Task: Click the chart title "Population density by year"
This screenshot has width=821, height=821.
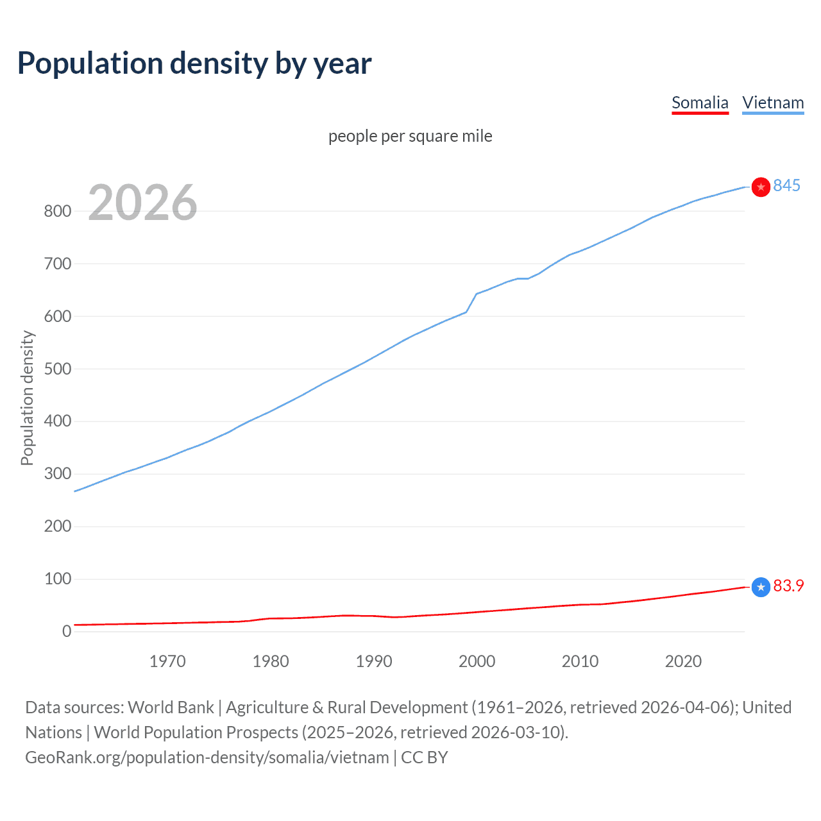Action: click(194, 63)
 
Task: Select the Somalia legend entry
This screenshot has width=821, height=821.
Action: click(700, 103)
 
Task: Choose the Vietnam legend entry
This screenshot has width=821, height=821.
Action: click(773, 103)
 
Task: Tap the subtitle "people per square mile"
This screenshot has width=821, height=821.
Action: click(410, 136)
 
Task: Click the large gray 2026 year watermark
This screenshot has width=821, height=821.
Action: click(142, 203)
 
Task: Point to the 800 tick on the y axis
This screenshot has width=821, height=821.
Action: click(57, 211)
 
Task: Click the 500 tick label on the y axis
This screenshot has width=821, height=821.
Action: click(57, 369)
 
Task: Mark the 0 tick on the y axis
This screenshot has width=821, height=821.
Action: click(67, 631)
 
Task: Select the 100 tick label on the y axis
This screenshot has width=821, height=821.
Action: click(57, 579)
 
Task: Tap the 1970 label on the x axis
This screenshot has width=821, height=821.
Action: click(167, 661)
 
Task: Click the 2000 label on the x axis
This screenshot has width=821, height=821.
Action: click(477, 661)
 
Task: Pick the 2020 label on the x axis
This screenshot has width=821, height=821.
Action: click(683, 661)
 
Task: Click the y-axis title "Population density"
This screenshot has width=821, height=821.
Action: click(27, 398)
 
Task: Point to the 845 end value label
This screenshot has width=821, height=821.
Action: click(786, 185)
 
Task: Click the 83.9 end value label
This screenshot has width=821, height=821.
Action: click(788, 586)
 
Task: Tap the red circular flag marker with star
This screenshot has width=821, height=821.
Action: click(761, 187)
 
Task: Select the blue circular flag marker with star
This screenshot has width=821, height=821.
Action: click(761, 587)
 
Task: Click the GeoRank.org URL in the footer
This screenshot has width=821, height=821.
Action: click(207, 758)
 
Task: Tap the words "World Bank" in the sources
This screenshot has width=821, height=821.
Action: click(171, 707)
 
